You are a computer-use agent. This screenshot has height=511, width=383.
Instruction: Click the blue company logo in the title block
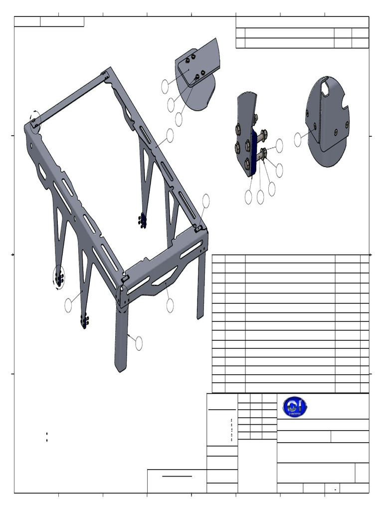[295, 407]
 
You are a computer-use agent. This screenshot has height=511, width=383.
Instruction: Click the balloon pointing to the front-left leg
[138, 343]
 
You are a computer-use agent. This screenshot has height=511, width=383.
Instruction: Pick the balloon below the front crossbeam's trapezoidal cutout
[170, 305]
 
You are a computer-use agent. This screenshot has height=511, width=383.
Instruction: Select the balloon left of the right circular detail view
[298, 140]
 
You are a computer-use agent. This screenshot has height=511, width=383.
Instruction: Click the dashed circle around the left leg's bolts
[59, 276]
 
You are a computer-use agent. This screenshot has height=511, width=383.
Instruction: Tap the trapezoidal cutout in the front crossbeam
[165, 276]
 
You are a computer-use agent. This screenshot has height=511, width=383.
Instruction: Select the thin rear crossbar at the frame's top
[70, 98]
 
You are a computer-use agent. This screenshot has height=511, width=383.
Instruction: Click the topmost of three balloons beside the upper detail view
[165, 86]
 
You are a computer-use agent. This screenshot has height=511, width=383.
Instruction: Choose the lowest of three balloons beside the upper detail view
[179, 120]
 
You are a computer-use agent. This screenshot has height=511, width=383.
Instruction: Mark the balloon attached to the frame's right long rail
[170, 135]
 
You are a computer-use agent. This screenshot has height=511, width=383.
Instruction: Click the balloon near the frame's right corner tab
[206, 201]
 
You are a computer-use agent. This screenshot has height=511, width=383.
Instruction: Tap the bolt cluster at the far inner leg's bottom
[143, 220]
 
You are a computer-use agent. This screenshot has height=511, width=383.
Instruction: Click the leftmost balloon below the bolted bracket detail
[248, 198]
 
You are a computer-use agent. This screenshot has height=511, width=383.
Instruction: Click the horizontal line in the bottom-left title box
[177, 476]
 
